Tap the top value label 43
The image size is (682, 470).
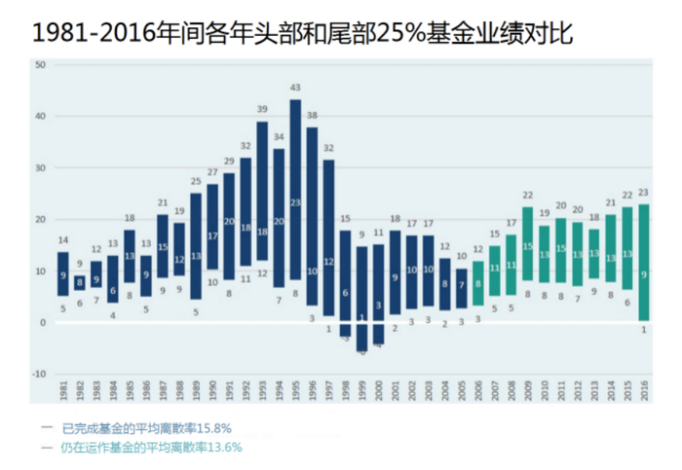coord(295,89)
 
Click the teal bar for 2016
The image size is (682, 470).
coord(643,263)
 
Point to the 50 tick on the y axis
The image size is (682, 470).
coord(40,65)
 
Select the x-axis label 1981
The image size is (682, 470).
coord(63,390)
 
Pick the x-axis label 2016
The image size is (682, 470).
coord(643,390)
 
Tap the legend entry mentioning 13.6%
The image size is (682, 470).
coord(151,447)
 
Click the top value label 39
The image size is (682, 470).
coord(262,109)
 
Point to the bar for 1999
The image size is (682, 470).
coord(361,298)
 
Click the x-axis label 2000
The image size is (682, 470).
coord(378,390)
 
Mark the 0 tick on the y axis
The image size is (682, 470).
coord(42,322)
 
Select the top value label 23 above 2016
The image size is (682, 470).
coord(643,192)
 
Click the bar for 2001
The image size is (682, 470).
coord(395,272)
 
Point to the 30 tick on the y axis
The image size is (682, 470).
coord(40,168)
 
